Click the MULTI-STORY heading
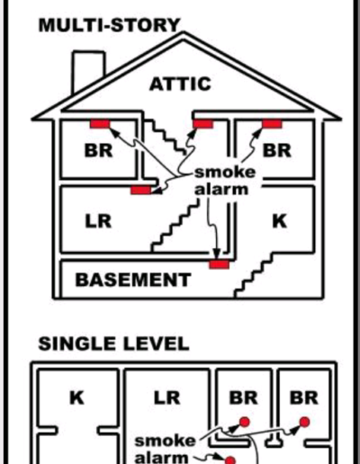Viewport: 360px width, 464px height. (x=110, y=25)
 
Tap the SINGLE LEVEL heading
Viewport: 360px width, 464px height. (x=113, y=344)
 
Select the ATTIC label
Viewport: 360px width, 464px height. (x=180, y=84)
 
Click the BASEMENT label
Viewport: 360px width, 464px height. (x=133, y=280)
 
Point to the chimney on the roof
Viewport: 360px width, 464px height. (x=88, y=70)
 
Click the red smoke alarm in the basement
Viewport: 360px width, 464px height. (x=220, y=264)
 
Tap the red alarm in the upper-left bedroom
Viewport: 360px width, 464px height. (x=100, y=124)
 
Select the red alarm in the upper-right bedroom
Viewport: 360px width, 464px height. (x=272, y=123)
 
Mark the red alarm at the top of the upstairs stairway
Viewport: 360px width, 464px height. (x=203, y=123)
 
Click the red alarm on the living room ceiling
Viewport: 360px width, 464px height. (x=140, y=190)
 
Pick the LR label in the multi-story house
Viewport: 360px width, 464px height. (x=98, y=221)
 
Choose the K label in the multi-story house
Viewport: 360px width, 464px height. (x=280, y=221)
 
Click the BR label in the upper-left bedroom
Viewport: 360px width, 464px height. (x=98, y=150)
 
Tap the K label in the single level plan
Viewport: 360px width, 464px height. (x=76, y=397)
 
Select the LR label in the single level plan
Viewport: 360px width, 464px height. (x=166, y=397)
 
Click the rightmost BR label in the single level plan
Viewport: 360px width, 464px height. (x=303, y=397)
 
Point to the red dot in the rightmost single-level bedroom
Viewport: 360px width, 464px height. (x=304, y=422)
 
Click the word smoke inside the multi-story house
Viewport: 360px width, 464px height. (x=225, y=173)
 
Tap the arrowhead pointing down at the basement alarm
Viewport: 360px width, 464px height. (x=217, y=254)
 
